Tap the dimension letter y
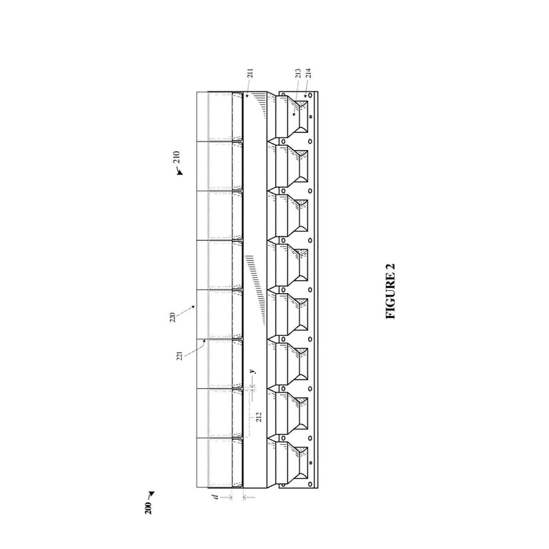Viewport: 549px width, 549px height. click(252, 372)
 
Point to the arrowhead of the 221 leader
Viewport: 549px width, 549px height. click(205, 339)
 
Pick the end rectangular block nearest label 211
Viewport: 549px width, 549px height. click(219, 116)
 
